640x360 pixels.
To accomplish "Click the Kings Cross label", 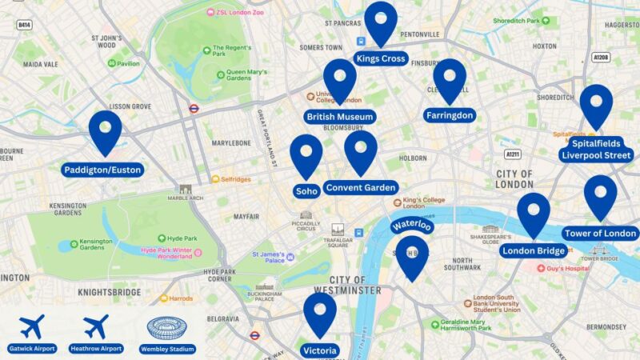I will (x=382, y=59).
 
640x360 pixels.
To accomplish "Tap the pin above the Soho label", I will (x=306, y=155).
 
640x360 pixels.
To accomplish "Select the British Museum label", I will (x=340, y=117).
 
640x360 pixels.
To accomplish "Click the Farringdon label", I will (x=450, y=115).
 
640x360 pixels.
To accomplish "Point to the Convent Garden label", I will (x=361, y=187).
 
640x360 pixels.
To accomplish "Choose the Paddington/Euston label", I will (x=105, y=170).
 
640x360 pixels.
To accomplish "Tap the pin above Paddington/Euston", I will (x=105, y=131).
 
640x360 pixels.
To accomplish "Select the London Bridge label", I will (x=534, y=251).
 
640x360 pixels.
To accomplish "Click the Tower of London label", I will (x=600, y=234).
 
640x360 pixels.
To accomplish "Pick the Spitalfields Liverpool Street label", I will (x=596, y=149).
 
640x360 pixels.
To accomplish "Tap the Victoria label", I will (x=320, y=350).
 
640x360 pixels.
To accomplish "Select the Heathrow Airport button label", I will (x=96, y=349).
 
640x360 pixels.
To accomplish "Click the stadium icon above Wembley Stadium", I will (x=166, y=328).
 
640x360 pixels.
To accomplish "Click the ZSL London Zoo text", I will (x=238, y=12).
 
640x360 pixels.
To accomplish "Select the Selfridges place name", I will (x=235, y=179).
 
